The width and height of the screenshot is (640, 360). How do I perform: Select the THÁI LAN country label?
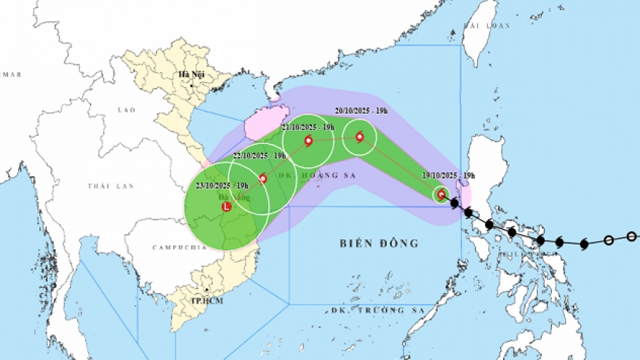[x=111, y=186]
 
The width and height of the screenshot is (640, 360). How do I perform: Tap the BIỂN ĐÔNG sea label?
[x=380, y=243]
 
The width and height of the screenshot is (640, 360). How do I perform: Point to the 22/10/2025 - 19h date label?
[x=259, y=156]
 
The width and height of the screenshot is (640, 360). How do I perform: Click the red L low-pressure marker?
[x=225, y=207]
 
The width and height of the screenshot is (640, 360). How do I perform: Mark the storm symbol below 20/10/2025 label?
[x=359, y=136]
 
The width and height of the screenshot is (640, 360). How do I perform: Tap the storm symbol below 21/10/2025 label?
[x=308, y=141]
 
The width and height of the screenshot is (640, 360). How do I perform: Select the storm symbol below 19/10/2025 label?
[x=441, y=193]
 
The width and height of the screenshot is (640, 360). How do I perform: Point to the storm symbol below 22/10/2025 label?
[x=263, y=178]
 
